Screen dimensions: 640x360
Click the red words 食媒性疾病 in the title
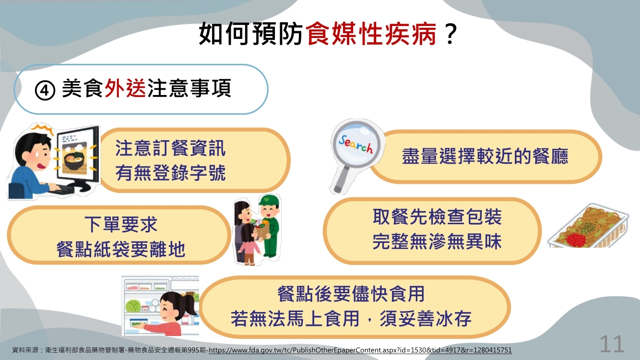(x=371, y=34)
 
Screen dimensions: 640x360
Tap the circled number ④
(x=45, y=90)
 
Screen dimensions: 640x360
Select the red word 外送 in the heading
(x=125, y=88)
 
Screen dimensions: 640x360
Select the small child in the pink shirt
(x=248, y=245)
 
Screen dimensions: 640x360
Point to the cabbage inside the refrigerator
(x=133, y=305)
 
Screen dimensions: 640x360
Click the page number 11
(x=612, y=344)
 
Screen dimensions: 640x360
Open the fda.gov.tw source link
(x=360, y=350)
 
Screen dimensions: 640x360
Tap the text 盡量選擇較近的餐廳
(x=485, y=156)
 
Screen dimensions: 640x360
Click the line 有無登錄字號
(x=171, y=173)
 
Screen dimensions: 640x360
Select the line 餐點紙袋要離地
(x=120, y=249)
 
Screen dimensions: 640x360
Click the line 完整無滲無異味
(x=437, y=241)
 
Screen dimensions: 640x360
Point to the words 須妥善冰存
(x=426, y=319)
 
